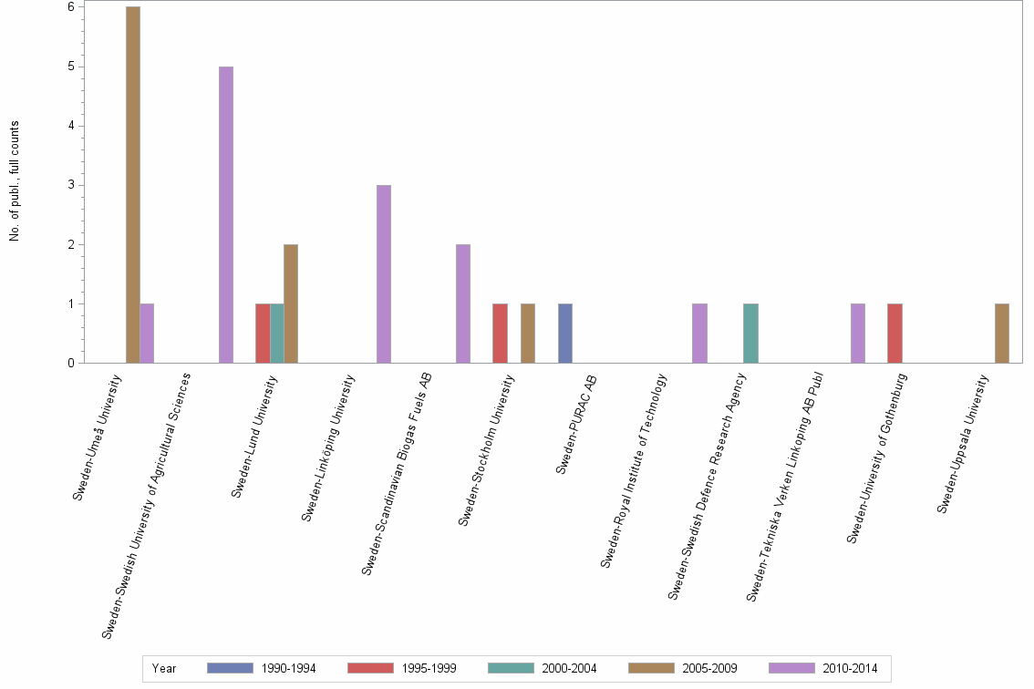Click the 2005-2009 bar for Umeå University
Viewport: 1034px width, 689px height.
[x=133, y=185]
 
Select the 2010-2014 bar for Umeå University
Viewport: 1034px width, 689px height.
[x=147, y=334]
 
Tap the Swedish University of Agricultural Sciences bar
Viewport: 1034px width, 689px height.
[x=226, y=215]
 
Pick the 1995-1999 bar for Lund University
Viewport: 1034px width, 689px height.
[x=263, y=334]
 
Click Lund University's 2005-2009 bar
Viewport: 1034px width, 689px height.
[x=291, y=303]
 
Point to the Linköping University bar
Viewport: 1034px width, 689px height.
[x=384, y=274]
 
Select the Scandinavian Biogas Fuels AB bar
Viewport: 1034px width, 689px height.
[x=463, y=303]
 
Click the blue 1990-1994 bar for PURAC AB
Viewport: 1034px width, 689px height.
[x=565, y=334]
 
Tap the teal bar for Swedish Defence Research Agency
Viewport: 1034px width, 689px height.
[x=750, y=334]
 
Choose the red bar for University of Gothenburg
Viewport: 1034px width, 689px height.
[x=894, y=334]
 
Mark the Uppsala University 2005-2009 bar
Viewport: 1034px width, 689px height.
[x=1002, y=334]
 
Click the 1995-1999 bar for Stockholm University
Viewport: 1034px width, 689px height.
[x=500, y=334]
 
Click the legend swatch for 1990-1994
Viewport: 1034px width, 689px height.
[x=230, y=668]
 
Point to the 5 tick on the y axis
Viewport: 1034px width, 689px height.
[x=71, y=67]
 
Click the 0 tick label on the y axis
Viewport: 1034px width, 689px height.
[x=71, y=364]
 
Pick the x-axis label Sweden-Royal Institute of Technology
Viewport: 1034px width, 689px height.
[x=635, y=471]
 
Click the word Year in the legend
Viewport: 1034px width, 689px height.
[x=164, y=669]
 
